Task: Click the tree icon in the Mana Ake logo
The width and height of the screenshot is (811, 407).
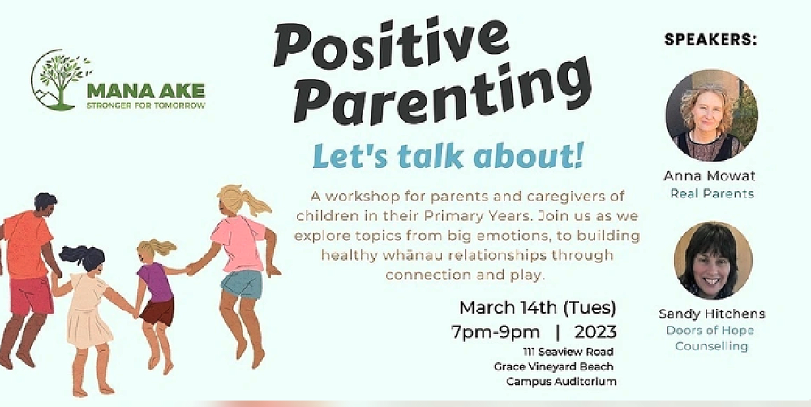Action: tap(59, 80)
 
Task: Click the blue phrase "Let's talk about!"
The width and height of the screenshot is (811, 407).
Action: tap(448, 158)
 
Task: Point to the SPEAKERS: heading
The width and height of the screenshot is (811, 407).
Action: tap(710, 40)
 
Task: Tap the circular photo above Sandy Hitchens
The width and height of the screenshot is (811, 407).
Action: tap(713, 261)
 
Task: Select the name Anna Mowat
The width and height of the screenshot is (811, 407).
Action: tap(710, 176)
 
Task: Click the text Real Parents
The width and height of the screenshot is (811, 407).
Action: tap(712, 194)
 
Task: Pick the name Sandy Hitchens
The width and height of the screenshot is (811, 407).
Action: tap(712, 314)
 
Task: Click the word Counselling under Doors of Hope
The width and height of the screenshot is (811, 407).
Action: tap(711, 346)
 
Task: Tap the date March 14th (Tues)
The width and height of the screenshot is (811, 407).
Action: tap(538, 309)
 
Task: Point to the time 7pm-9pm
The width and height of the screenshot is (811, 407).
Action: tap(496, 331)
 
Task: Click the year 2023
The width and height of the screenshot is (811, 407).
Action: tap(594, 331)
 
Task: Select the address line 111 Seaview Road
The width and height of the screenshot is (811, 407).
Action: tap(568, 352)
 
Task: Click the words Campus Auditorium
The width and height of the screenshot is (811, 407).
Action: tap(561, 382)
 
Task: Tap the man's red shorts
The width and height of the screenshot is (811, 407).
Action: tap(31, 295)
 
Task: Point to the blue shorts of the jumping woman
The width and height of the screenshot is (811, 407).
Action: tap(241, 284)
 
